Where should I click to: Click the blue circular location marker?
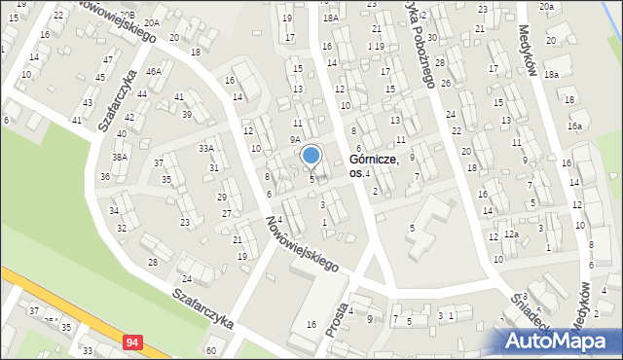pos(311,155)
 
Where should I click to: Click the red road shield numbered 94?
pos(132,342)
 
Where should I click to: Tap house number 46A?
pos(154,71)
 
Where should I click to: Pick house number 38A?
pos(120,157)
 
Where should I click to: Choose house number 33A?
pos(206,148)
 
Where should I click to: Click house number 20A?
pos(151,21)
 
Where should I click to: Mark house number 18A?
pos(331,18)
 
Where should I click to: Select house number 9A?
pos(295,139)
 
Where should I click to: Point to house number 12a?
pos(511,234)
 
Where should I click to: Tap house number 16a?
pos(575,126)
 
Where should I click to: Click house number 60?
pos(211,349)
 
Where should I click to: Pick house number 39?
pos(186,114)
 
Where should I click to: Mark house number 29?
pos(221,197)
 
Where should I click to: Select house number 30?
pos(431,37)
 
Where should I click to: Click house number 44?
pos(142,93)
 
